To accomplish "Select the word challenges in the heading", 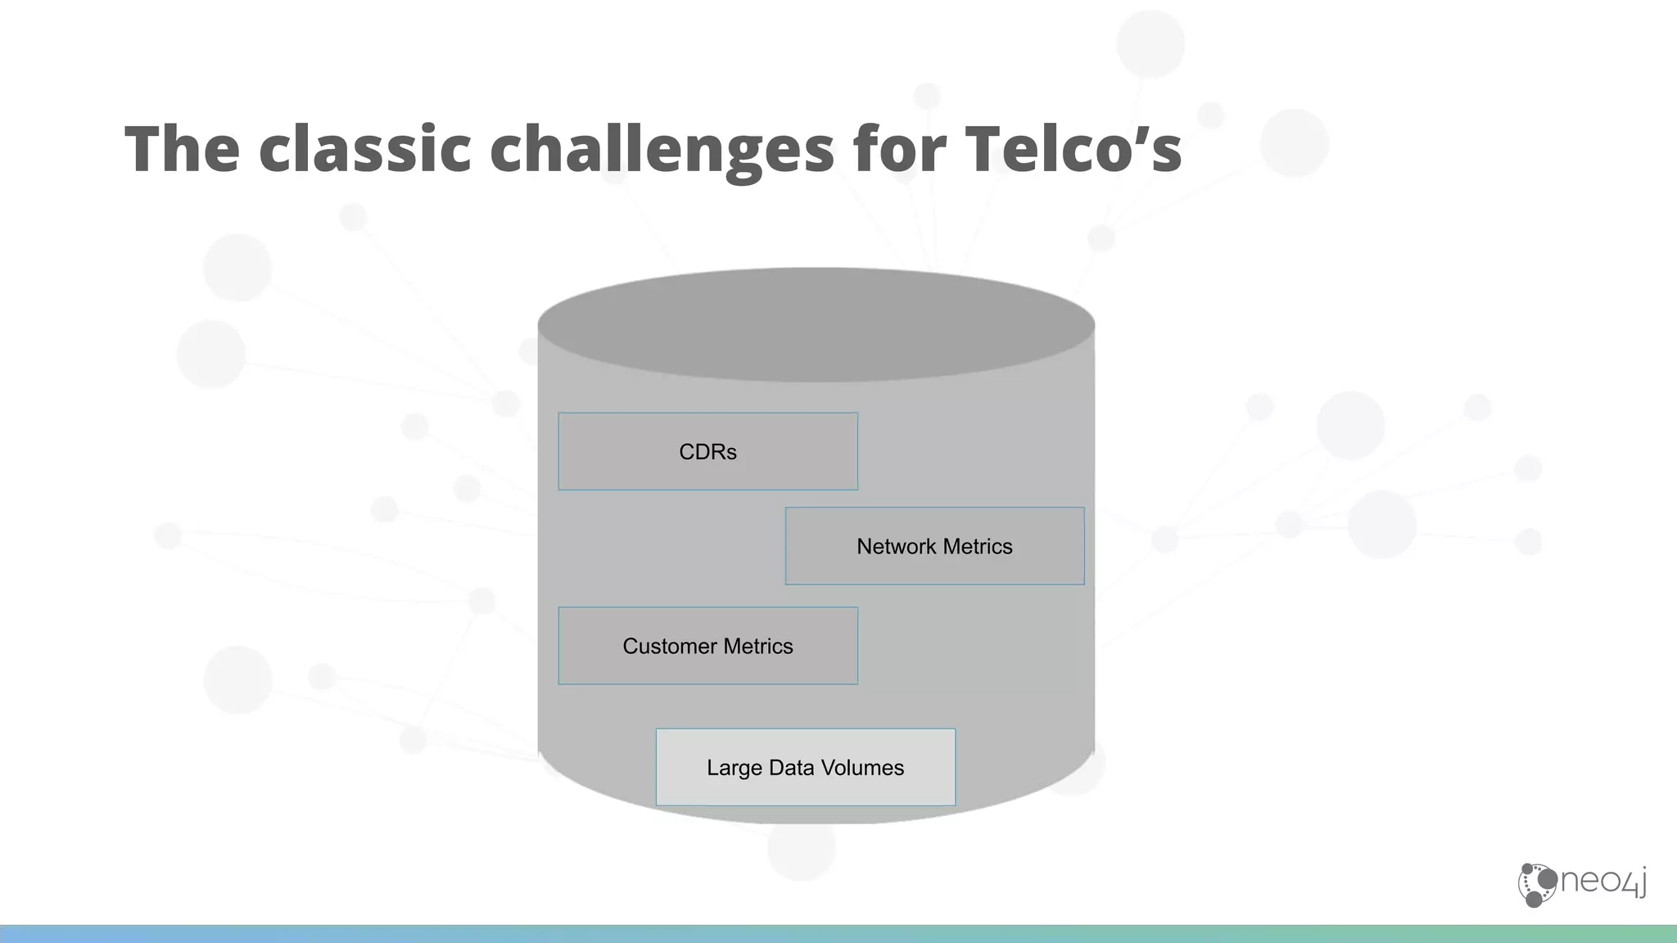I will point(662,149).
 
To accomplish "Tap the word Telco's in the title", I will point(1073,149).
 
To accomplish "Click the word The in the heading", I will point(182,149).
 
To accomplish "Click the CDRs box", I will point(708,451).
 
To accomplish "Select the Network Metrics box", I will point(934,546).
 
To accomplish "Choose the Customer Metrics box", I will point(708,646).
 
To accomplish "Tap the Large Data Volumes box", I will point(806,767).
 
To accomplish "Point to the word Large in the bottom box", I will point(734,768).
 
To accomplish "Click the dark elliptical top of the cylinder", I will point(816,324).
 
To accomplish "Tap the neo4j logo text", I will point(1603,882).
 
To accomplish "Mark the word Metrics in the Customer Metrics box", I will point(759,646).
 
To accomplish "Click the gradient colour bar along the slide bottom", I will point(838,934).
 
